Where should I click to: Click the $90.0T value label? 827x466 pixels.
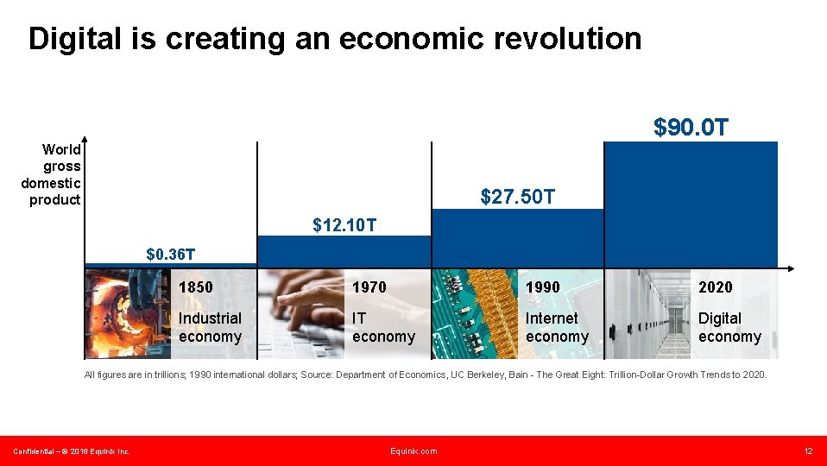tap(691, 128)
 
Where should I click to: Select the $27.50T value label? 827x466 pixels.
tap(518, 198)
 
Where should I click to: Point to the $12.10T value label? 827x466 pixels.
tap(344, 226)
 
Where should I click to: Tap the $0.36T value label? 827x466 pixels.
tap(170, 254)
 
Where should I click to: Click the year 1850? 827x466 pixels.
tap(195, 287)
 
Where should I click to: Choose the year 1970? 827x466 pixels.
tap(369, 287)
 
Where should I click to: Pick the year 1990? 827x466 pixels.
tap(542, 287)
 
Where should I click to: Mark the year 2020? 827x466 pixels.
tap(715, 287)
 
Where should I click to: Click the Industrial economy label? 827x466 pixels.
tap(210, 327)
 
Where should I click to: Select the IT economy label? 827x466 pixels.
tap(383, 327)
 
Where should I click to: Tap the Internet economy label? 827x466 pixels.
tap(557, 327)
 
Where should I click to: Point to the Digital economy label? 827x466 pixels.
tap(729, 327)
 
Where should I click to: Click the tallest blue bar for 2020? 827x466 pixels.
tap(691, 204)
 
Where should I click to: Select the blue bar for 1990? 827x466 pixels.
tap(518, 237)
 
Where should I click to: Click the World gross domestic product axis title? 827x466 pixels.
tap(52, 174)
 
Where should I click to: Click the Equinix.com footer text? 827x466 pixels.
tap(413, 451)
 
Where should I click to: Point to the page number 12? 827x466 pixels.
tap(808, 451)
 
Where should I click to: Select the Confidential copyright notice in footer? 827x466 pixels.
tap(71, 451)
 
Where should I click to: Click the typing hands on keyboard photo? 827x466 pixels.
tap(302, 313)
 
